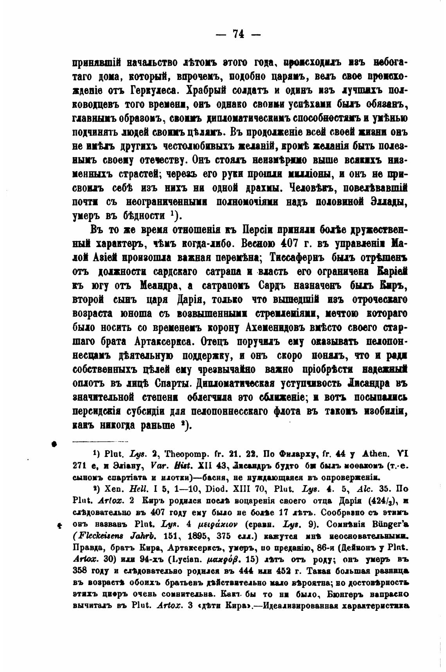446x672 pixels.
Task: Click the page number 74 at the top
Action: click(238, 34)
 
